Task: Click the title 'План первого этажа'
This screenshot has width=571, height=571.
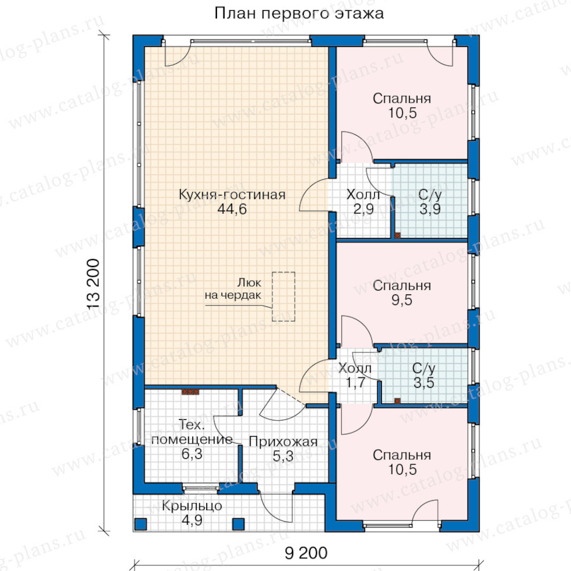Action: point(299,13)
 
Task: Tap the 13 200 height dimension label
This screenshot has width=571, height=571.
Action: point(93,284)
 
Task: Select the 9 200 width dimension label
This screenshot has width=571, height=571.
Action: point(306,553)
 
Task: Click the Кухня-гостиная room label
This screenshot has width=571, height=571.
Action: point(232,195)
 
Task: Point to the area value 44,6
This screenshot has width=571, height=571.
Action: point(232,209)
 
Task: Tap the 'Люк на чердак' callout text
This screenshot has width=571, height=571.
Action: point(233,289)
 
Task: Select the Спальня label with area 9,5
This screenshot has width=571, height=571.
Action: point(402,285)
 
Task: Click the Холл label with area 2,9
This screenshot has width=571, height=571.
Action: point(363,195)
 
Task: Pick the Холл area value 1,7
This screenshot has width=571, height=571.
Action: point(355,383)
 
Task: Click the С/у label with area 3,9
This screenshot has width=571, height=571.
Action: point(430,195)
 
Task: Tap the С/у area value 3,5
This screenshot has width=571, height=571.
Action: point(424,383)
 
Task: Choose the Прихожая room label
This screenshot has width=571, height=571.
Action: point(283,442)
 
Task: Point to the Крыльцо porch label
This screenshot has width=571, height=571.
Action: point(192,506)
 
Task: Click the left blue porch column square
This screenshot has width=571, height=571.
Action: point(141,523)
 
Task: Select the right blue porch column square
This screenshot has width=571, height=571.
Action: point(238,523)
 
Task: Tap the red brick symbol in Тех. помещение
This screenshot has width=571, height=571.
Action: point(190,391)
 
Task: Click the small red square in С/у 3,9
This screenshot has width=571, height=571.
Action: point(397,235)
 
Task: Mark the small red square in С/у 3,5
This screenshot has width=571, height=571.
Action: point(397,401)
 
